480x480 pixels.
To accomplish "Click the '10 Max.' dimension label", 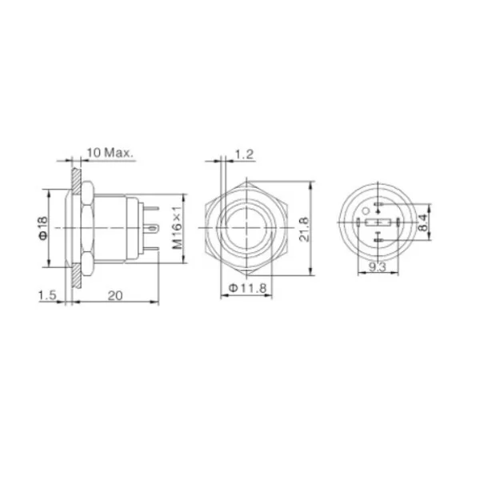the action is point(110,153).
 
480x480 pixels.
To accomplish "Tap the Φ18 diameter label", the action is point(43,228).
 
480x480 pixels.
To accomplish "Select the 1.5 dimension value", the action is point(47,295).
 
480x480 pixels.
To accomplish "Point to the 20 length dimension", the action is point(115,296).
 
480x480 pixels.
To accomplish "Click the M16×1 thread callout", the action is point(178,227).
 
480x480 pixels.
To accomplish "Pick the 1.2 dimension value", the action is point(244,154).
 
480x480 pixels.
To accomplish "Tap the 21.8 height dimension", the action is point(304,230).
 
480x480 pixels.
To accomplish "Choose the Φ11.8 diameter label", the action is point(248,288).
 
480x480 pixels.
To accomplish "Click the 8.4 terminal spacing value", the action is point(423,222).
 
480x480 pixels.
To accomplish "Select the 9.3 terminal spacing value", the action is point(378,267).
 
